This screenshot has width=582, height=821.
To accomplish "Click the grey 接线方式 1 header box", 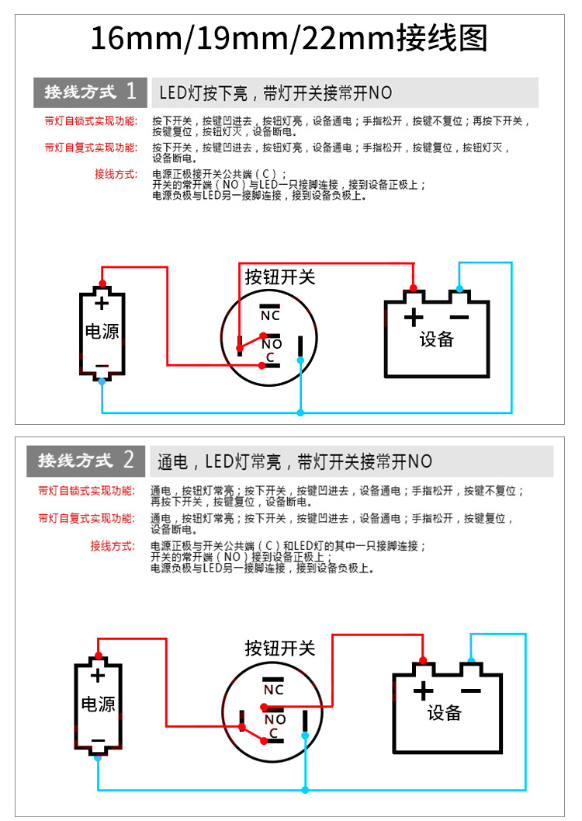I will [x=89, y=92].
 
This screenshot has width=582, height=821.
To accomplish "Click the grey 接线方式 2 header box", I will [x=86, y=461].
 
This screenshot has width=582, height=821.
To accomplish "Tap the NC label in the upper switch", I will [x=270, y=315].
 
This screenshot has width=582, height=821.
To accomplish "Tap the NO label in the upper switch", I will [x=272, y=344].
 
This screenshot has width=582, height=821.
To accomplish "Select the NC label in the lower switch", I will [x=274, y=690].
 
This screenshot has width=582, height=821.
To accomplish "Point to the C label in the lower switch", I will [x=274, y=732].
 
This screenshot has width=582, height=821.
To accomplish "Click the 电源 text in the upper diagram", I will [x=102, y=332].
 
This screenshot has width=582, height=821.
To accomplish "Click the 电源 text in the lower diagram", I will [x=99, y=704].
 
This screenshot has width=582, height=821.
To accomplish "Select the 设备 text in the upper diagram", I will [x=436, y=339].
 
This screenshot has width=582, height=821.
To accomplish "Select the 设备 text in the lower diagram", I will [x=445, y=713].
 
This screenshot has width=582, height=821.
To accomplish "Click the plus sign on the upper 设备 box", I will [x=414, y=317].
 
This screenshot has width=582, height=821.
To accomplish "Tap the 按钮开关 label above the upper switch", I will [x=279, y=277].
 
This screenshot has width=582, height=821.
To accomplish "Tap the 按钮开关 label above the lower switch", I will [x=279, y=648].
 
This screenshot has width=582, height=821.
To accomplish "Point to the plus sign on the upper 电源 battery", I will [x=102, y=303].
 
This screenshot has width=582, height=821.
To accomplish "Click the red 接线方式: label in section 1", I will [x=116, y=174].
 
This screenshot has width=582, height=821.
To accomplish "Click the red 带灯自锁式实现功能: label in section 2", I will [x=86, y=491].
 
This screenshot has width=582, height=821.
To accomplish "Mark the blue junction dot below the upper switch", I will [x=301, y=412].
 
